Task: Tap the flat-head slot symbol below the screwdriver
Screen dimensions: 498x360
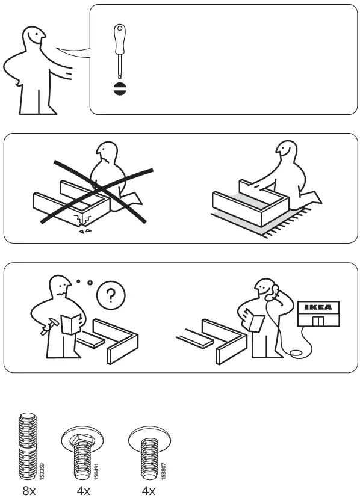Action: (x=119, y=89)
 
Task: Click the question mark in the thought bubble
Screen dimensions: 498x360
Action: (x=111, y=295)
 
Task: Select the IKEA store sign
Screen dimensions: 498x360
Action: (x=318, y=307)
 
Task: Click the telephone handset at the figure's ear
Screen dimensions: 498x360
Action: (x=275, y=290)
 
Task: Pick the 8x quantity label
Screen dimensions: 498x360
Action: (x=28, y=491)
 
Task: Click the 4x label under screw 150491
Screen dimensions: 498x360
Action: (x=83, y=491)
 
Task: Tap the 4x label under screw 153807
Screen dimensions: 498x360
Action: (x=148, y=491)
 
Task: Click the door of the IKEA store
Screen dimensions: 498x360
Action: (x=318, y=321)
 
